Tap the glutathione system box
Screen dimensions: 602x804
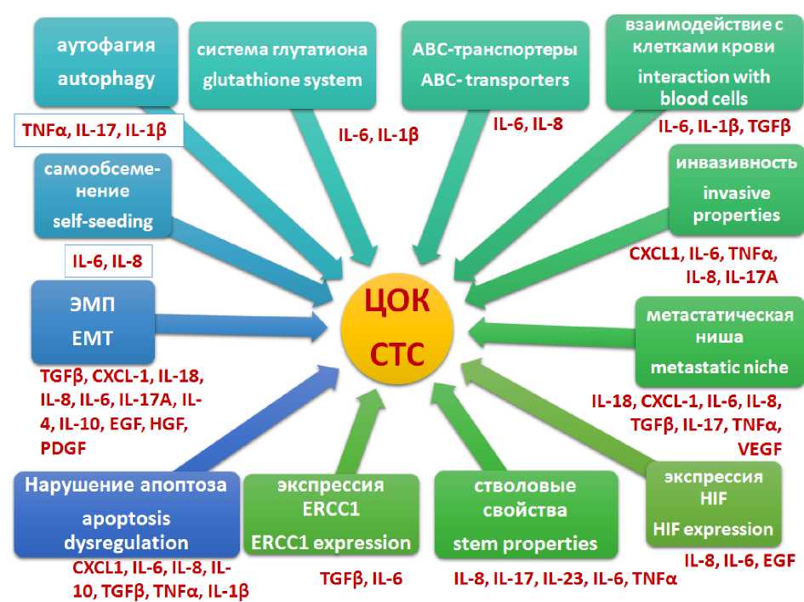[282, 65]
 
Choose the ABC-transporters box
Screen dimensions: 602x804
[489, 65]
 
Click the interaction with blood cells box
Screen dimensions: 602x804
[704, 63]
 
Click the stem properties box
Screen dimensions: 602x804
[524, 515]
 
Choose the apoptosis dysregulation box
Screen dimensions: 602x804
[126, 514]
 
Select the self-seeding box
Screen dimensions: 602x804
[103, 195]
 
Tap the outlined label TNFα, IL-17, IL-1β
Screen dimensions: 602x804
[101, 131]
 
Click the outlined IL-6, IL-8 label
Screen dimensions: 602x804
[108, 262]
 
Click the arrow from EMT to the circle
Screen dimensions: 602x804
[247, 324]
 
